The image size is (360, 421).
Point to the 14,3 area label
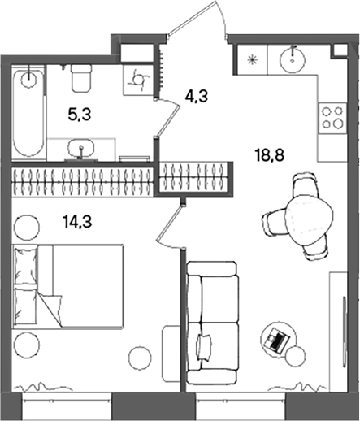pos(77,217)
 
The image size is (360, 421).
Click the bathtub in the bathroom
pos(28,114)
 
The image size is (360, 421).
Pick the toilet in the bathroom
pos(81,79)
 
